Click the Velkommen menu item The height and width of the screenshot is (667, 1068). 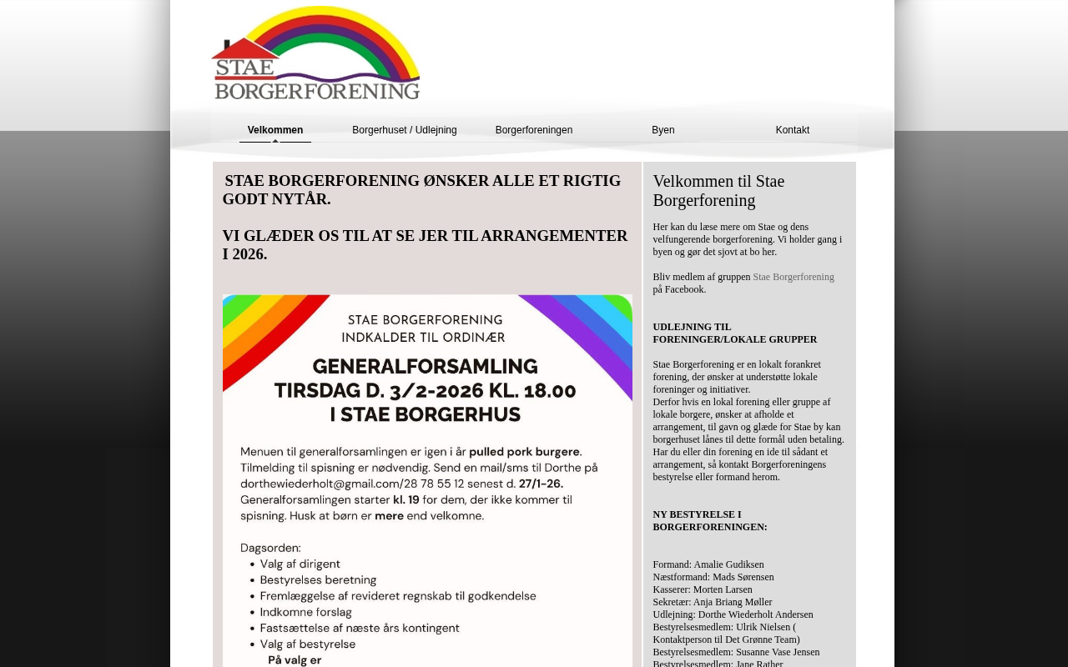275,130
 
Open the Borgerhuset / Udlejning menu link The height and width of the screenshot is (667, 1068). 405,130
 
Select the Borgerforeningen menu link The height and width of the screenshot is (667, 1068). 534,130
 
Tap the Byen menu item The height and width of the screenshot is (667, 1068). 663,130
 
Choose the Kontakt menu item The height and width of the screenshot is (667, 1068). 793,130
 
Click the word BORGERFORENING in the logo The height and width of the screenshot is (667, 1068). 317,89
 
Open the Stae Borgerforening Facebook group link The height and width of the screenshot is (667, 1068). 793,277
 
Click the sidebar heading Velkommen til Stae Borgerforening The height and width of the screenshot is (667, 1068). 718,191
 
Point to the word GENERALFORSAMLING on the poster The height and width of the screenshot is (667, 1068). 425,366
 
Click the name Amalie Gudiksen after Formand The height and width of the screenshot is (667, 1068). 728,564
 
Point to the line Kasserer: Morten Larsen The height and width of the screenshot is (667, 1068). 703,589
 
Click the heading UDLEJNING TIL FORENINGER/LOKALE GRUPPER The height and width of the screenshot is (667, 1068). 734,333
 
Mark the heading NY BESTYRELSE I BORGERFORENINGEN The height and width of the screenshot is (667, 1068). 709,521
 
